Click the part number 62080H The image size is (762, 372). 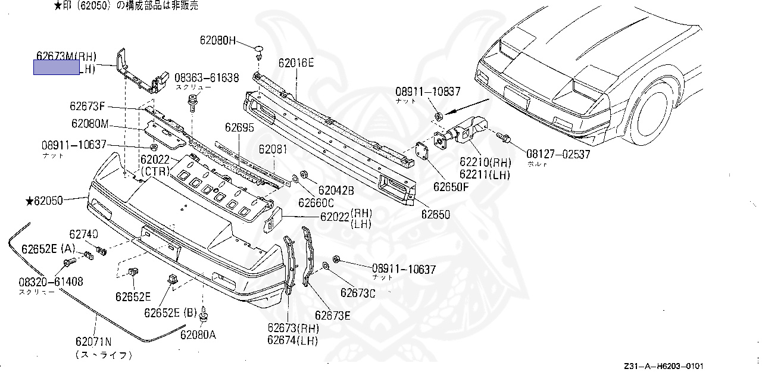click(x=218, y=41)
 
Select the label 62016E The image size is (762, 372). click(x=296, y=62)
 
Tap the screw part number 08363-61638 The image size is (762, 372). click(x=207, y=77)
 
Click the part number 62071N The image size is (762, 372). click(x=93, y=342)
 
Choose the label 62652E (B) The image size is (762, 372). click(x=170, y=312)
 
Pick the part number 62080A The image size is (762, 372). click(x=198, y=335)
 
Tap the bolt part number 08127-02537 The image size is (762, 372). click(x=558, y=155)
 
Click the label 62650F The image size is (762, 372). click(x=451, y=186)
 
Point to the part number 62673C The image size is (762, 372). click(x=358, y=292)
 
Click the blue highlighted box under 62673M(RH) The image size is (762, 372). click(x=56, y=68)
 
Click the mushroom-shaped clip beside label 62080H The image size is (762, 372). click(x=260, y=49)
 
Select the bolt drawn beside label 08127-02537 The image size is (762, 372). click(x=504, y=138)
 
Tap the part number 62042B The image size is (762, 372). click(x=336, y=190)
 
